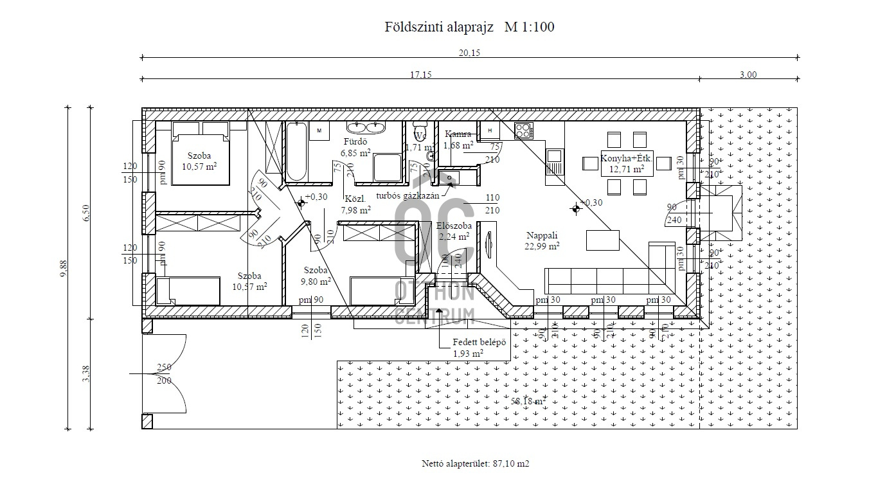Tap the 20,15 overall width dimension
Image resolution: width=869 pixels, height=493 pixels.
[x=469, y=53]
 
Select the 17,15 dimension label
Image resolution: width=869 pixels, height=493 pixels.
[x=420, y=75]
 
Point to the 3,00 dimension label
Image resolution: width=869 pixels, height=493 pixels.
[x=748, y=75]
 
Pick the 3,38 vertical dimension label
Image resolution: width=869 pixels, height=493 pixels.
[x=85, y=373]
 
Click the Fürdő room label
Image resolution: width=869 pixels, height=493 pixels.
[x=355, y=141]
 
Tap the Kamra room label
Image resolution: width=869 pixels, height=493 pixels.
[x=458, y=134]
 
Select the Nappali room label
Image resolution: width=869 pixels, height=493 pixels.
[x=542, y=236]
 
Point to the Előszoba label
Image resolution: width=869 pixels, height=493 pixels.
[x=454, y=226]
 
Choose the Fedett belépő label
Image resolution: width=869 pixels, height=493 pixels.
[x=479, y=343]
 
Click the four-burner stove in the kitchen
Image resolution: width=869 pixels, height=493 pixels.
[x=523, y=131]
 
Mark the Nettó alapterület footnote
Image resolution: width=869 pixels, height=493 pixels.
[x=476, y=463]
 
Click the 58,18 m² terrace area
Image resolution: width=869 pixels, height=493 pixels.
[x=528, y=401]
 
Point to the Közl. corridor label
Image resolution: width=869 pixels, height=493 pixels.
[x=355, y=199]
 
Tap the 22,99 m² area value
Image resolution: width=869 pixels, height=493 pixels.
[x=542, y=246]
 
